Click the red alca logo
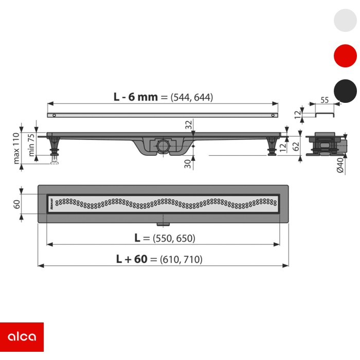22,337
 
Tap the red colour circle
345,56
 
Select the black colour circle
345,91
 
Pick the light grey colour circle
345,20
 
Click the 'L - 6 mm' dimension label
135,97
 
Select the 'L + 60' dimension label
132,259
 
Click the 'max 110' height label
16,148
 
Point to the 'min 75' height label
31,145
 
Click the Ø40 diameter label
340,165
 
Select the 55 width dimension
325,100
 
